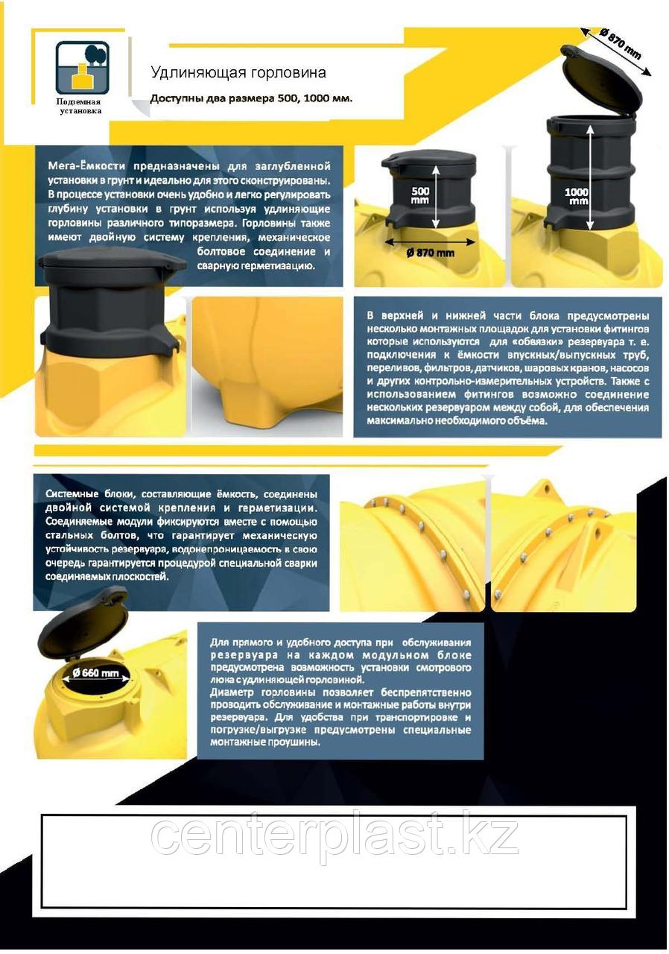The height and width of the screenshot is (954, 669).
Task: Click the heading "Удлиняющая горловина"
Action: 238,72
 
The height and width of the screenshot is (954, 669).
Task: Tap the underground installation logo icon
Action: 83,67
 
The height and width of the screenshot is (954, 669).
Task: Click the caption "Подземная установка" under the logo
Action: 80,107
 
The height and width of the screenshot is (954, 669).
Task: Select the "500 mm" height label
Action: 420,195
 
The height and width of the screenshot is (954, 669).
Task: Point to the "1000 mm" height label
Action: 577,196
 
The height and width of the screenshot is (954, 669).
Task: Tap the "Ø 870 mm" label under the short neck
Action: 431,253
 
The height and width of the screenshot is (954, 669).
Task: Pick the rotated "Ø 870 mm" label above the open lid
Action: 619,44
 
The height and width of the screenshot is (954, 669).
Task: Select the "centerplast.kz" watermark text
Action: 334,830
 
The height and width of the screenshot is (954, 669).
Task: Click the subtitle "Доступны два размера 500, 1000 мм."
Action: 251,99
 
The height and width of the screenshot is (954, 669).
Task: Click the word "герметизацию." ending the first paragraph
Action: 256,266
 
